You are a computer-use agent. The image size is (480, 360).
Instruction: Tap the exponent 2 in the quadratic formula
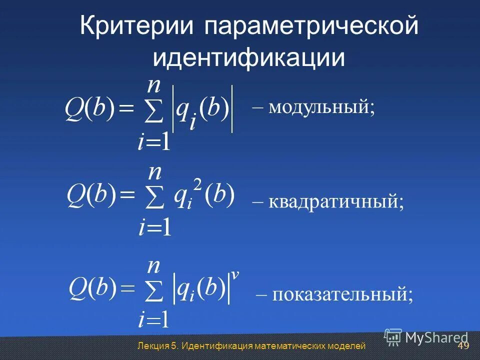click(x=197, y=185)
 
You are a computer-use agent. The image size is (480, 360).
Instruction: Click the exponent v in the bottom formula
click(x=235, y=274)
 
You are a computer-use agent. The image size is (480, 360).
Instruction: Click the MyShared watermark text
click(x=436, y=338)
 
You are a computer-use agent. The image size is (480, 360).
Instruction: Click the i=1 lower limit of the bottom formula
click(x=154, y=318)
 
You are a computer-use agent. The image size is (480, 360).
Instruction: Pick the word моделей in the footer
click(x=346, y=346)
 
